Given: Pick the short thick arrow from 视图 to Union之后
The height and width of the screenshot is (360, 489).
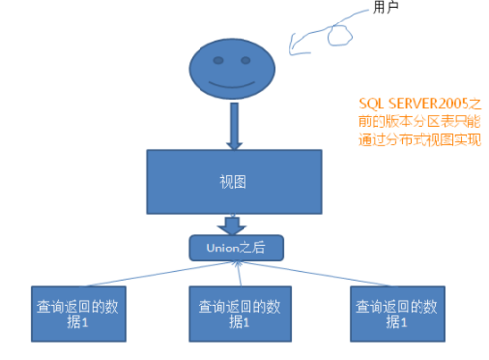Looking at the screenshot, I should (x=232, y=226).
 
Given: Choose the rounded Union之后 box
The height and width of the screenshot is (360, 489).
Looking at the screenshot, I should (x=236, y=248).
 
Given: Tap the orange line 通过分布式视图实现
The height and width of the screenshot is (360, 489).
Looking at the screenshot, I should (x=421, y=140).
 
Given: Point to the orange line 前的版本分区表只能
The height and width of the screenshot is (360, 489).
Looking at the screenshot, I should (x=421, y=121).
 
